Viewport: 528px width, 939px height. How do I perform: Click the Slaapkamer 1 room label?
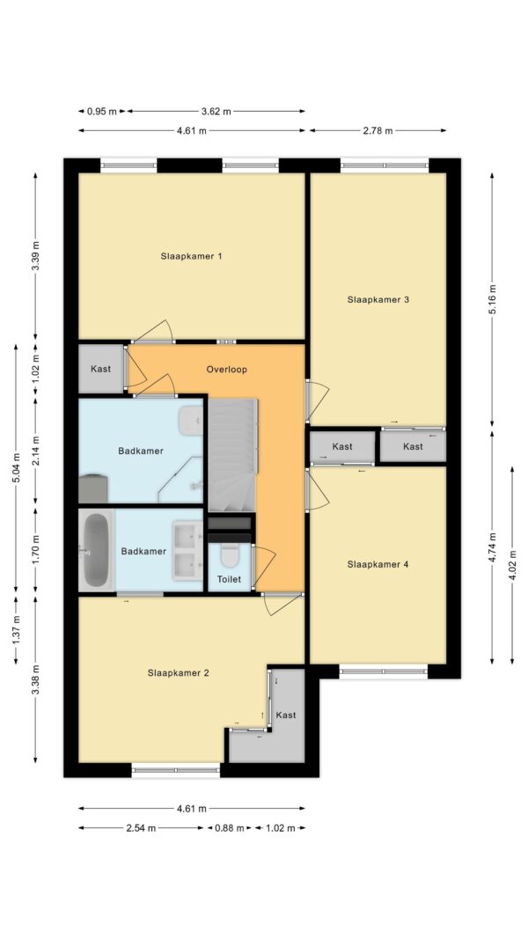click(x=191, y=256)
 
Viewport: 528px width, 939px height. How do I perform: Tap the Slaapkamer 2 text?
click(x=179, y=673)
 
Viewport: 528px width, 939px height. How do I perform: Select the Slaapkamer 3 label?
click(x=378, y=299)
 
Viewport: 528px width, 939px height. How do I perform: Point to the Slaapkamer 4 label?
click(x=378, y=564)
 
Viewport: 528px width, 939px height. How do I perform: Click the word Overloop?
click(x=226, y=370)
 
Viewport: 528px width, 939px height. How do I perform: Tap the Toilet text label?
click(x=229, y=579)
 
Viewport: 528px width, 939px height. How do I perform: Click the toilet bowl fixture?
click(x=230, y=555)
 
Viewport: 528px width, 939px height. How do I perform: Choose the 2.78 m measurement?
click(x=378, y=130)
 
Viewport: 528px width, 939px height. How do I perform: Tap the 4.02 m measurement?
click(x=513, y=567)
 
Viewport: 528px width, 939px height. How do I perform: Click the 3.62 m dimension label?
click(x=216, y=112)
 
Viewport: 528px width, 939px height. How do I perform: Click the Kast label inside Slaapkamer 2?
click(x=286, y=715)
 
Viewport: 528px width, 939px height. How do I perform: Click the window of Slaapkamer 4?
click(x=384, y=672)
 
